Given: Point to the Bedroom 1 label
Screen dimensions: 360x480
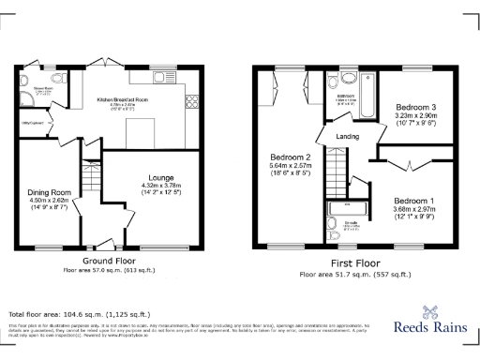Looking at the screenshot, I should pyautogui.click(x=413, y=201).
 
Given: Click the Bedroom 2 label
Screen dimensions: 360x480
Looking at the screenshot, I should pyautogui.click(x=290, y=157).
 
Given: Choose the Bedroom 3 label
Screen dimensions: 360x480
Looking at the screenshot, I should pyautogui.click(x=414, y=107).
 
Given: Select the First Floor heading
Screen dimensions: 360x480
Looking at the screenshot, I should pyautogui.click(x=353, y=265).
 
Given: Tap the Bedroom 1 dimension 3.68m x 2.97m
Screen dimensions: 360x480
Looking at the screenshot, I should pyautogui.click(x=413, y=210).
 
